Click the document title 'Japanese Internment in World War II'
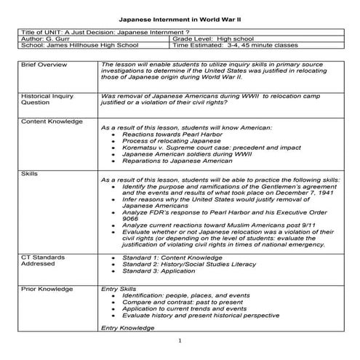tap(179, 15)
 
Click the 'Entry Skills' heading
tap(118, 289)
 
